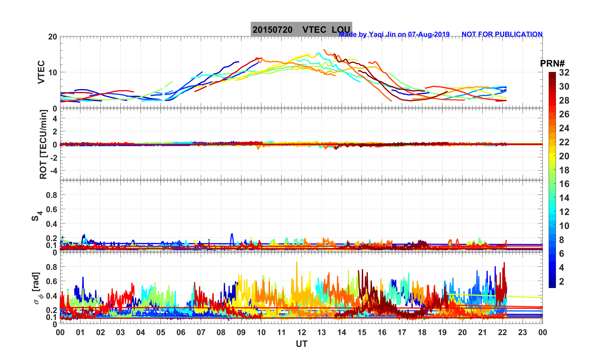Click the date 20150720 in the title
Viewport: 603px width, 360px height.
(x=272, y=30)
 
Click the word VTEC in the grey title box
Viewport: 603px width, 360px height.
(x=314, y=30)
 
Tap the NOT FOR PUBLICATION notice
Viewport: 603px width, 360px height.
(x=502, y=34)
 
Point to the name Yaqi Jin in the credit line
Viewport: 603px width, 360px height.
(x=383, y=34)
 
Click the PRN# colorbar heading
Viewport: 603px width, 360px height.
(x=552, y=64)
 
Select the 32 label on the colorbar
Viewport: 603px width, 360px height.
(x=564, y=73)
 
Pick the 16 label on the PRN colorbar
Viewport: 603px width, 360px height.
(x=564, y=184)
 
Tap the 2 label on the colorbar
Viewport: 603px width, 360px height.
(x=561, y=281)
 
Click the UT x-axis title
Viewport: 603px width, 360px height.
(x=301, y=344)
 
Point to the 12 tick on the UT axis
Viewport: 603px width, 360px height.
(x=301, y=332)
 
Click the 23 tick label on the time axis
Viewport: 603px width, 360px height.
(x=522, y=332)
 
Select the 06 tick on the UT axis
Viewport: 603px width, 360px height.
(x=181, y=332)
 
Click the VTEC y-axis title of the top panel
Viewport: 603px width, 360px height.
(x=41, y=72)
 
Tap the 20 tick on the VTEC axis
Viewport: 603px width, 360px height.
(x=52, y=37)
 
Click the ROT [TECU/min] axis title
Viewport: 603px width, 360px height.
(x=43, y=144)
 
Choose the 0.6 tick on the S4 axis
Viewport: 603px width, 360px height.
(x=52, y=209)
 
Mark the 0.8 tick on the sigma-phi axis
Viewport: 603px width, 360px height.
(x=52, y=267)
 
